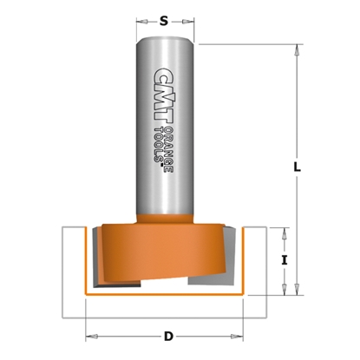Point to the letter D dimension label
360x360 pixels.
[x=169, y=335]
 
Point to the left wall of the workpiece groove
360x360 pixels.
[x=74, y=260]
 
